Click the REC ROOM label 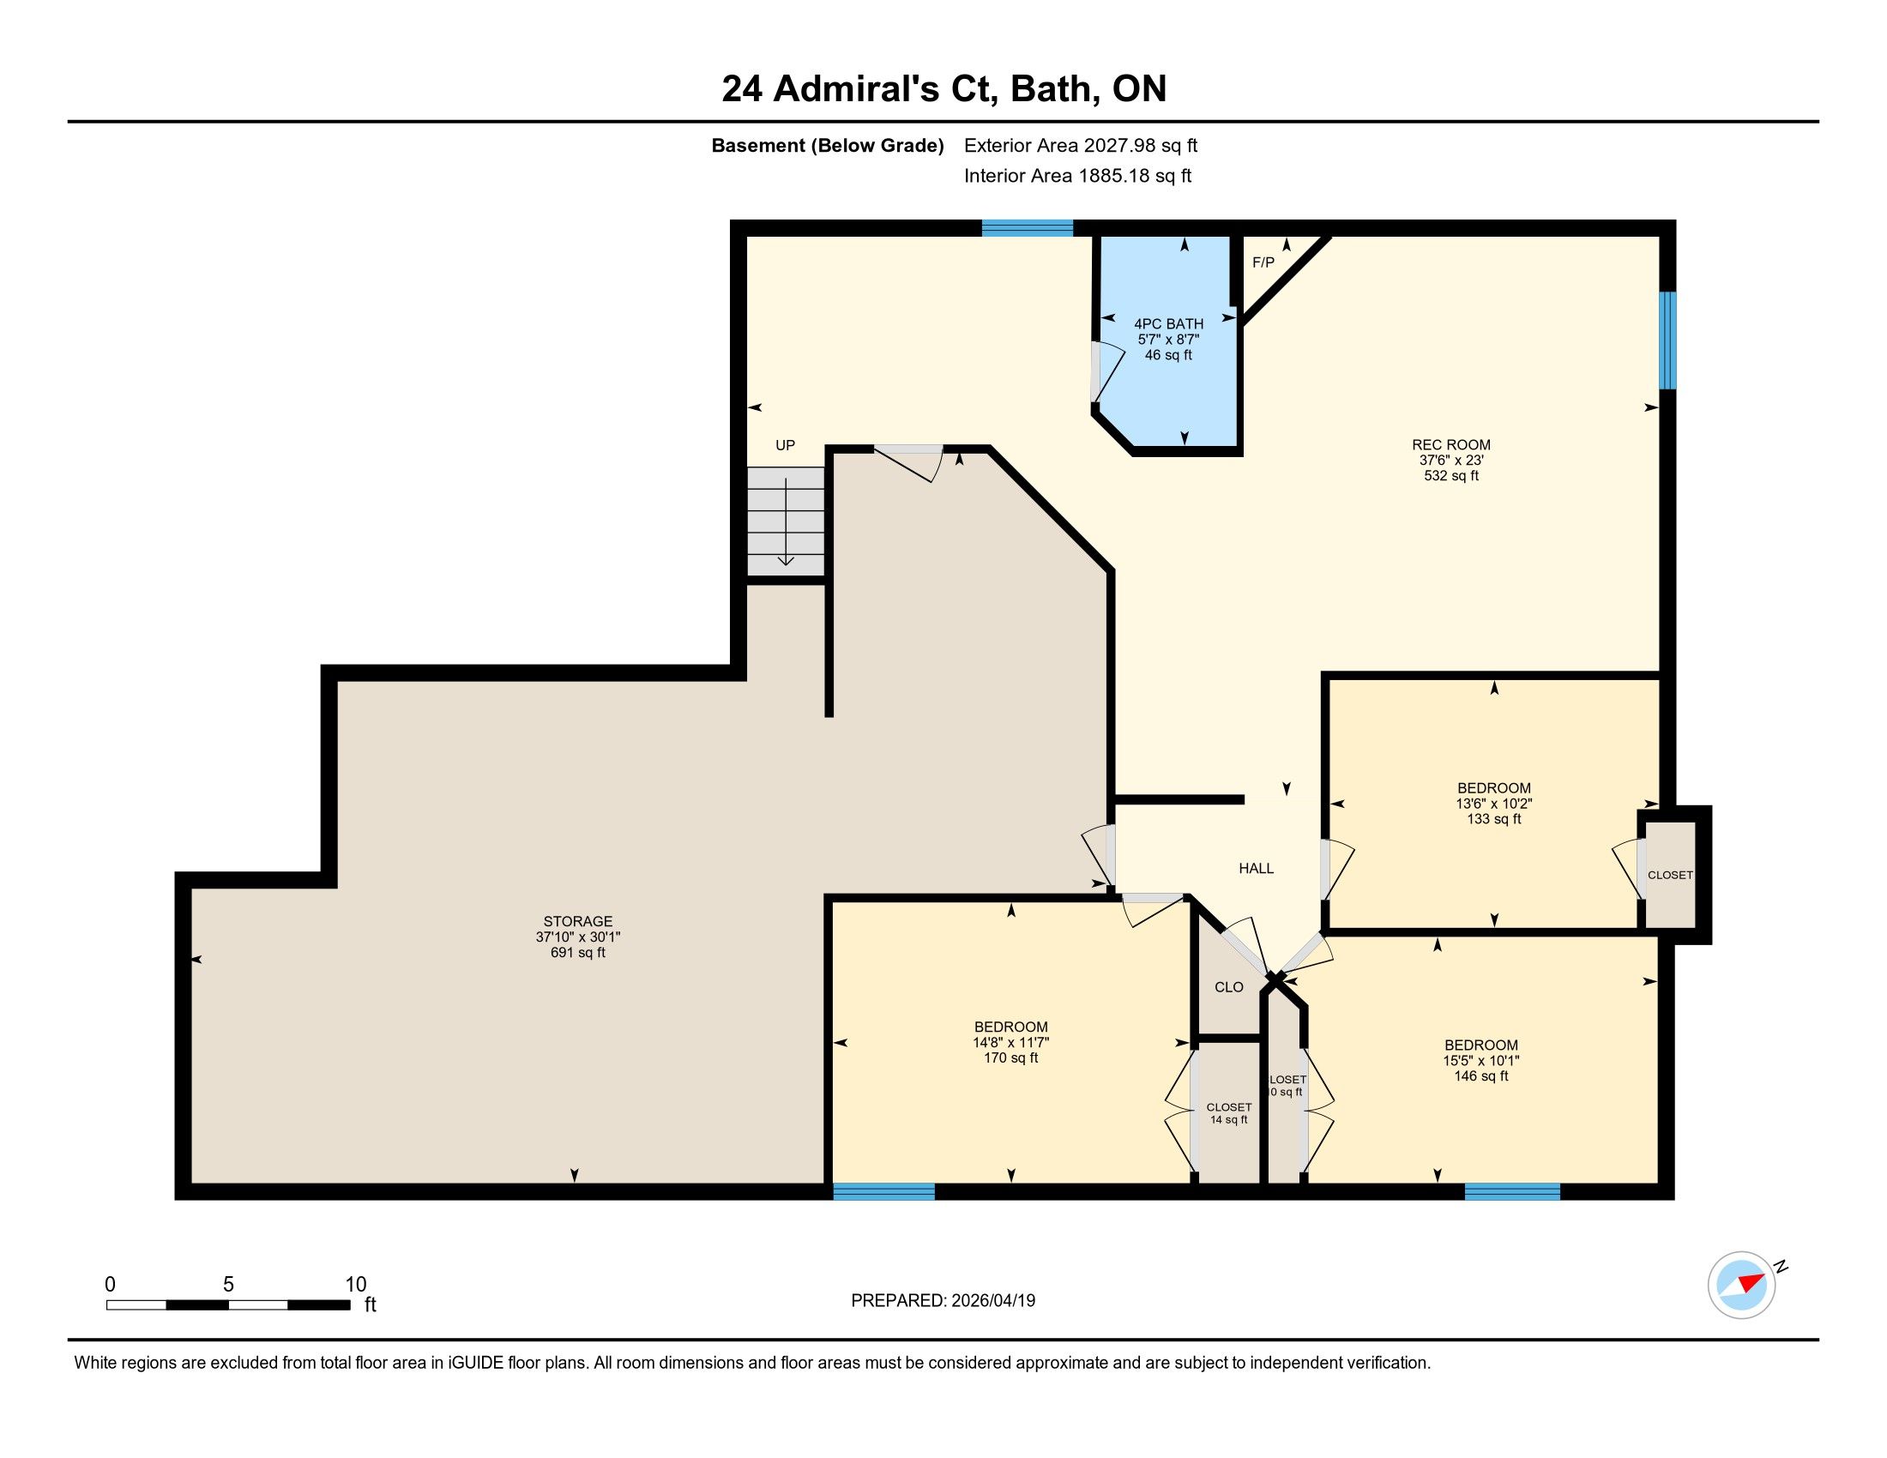[x=1450, y=445]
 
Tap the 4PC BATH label [x=1168, y=324]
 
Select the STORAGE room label [x=578, y=922]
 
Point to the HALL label [x=1257, y=868]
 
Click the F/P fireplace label [x=1263, y=262]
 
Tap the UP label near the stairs [x=785, y=446]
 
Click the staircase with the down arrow [x=786, y=521]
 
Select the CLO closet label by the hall [x=1228, y=987]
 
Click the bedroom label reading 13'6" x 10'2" [x=1494, y=804]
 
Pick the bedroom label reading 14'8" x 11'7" [x=1011, y=1043]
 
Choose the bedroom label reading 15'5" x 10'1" [x=1481, y=1061]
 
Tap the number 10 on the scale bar [x=356, y=1285]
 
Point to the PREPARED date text [x=943, y=1301]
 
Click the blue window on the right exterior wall [x=1667, y=340]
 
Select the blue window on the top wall [x=1028, y=228]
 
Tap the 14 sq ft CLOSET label [x=1228, y=1113]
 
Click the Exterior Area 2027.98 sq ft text [x=1081, y=145]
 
